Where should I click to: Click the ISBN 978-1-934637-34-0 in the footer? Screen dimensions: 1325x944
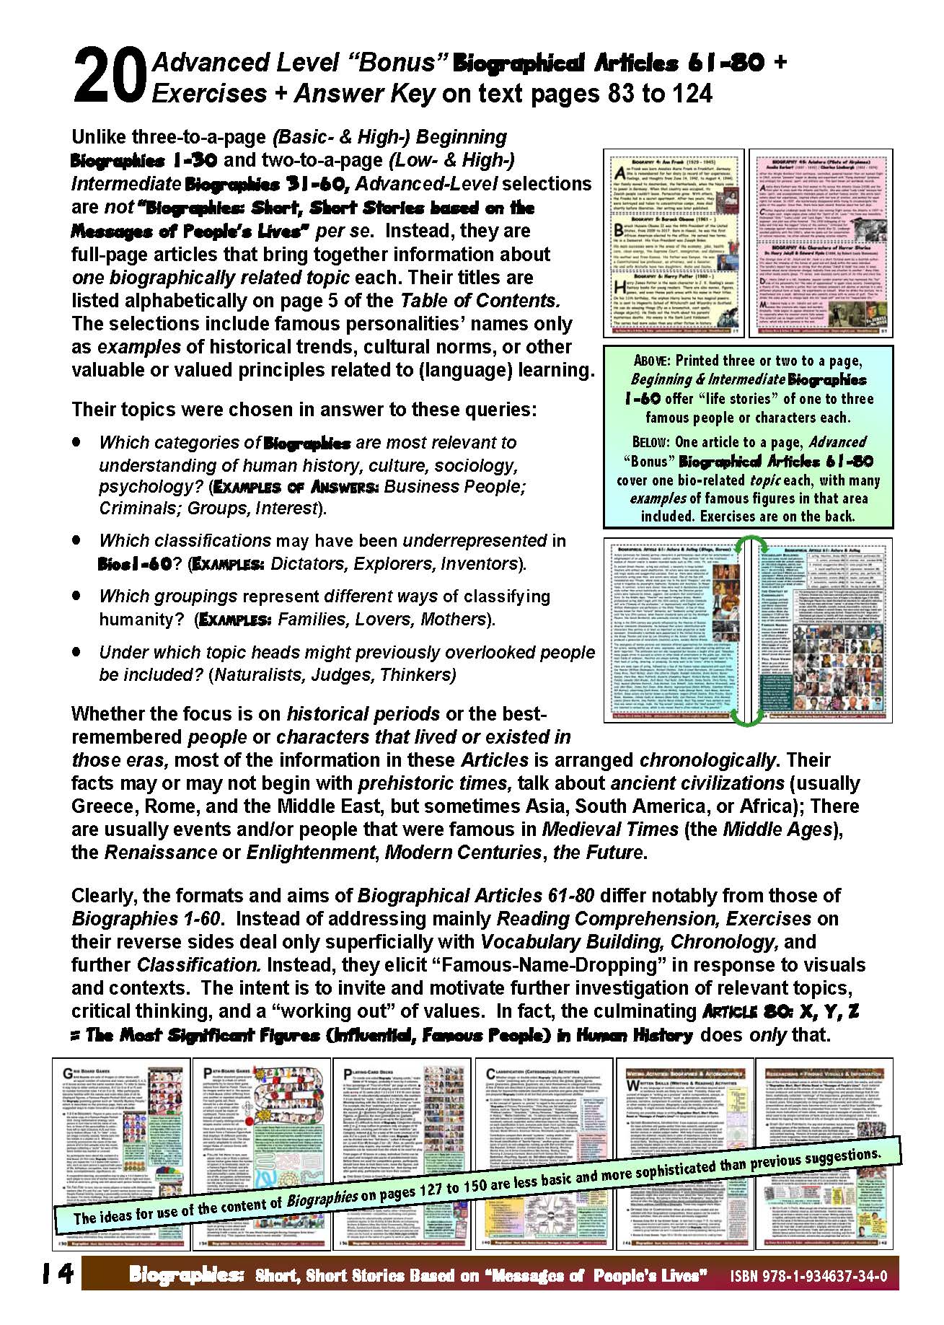808,1276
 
